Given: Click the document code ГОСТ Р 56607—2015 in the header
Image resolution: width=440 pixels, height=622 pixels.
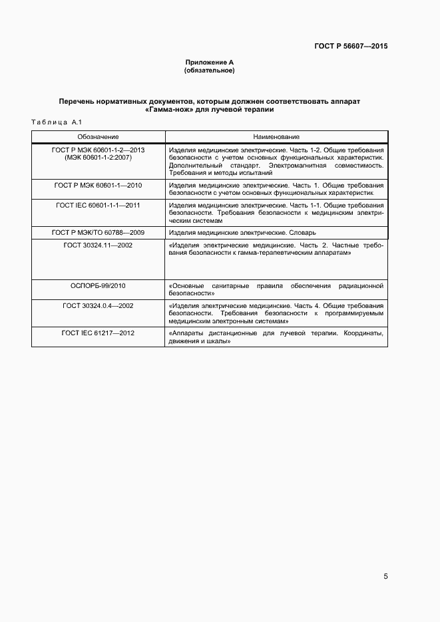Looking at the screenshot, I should pyautogui.click(x=351, y=47).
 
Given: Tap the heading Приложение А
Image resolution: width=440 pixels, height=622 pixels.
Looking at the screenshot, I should pyautogui.click(x=209, y=62).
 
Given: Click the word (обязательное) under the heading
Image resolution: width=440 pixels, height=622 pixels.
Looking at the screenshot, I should pyautogui.click(x=209, y=70).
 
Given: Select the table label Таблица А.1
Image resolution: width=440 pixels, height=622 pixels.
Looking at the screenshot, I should pyautogui.click(x=56, y=122).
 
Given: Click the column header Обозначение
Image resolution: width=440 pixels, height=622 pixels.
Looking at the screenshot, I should pyautogui.click(x=98, y=136).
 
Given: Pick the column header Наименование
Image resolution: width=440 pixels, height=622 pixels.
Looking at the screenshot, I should pyautogui.click(x=276, y=136).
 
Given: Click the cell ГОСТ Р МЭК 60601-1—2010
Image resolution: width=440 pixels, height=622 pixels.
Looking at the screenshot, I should pyautogui.click(x=98, y=185).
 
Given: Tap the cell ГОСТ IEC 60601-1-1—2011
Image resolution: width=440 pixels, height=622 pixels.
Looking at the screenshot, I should pyautogui.click(x=98, y=206).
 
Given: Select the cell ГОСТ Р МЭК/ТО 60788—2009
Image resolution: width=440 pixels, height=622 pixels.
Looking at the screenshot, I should pyautogui.click(x=98, y=232).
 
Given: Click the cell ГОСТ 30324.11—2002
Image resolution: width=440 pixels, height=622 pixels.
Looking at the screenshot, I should pyautogui.click(x=98, y=245).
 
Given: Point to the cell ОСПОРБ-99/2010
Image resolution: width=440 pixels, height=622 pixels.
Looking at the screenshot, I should pyautogui.click(x=98, y=285).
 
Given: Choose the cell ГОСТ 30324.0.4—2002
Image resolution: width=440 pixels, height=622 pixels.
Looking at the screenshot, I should pyautogui.click(x=98, y=305).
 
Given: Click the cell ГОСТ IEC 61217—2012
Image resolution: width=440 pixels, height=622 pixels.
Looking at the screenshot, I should pyautogui.click(x=98, y=333).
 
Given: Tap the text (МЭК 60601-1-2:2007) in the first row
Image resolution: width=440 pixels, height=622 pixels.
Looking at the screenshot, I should pyautogui.click(x=98, y=158).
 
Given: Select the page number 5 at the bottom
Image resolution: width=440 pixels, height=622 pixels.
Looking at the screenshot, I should pyautogui.click(x=385, y=577).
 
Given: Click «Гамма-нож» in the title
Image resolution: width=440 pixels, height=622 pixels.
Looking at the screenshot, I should pyautogui.click(x=166, y=110).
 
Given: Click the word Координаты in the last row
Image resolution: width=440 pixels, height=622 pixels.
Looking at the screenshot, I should pyautogui.click(x=363, y=333).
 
